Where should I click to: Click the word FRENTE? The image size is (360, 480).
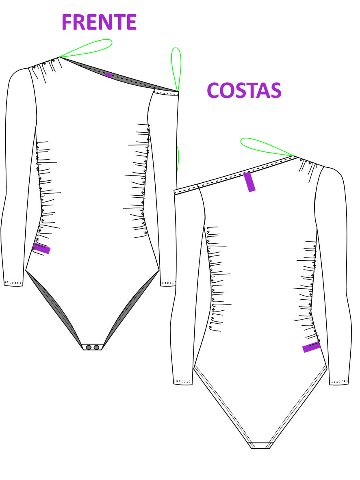coord(99,22)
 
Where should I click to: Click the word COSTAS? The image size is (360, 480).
coord(244,91)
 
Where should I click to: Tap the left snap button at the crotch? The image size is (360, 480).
coord(89,347)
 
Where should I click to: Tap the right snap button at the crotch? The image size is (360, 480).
coord(96,347)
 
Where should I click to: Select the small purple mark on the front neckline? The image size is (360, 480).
coord(108,75)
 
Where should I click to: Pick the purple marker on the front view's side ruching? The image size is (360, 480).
coord(41,249)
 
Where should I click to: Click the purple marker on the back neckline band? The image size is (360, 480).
coord(249,182)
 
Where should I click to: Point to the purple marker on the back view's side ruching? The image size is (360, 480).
coord(311,347)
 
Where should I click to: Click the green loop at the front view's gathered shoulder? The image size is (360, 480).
coord(87,48)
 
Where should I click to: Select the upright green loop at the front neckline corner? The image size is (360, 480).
coord(176,69)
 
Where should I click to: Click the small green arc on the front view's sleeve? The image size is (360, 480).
coord(178,159)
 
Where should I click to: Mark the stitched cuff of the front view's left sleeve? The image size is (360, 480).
coord(13,283)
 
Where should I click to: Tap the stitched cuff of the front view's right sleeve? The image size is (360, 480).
coord(168,283)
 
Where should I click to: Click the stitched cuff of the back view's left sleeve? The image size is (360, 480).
coord(183,382)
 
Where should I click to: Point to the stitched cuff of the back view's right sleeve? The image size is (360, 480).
coord(339,382)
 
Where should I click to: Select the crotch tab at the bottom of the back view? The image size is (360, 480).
coord(260,445)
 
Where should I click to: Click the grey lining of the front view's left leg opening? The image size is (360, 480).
coord(54,306)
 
